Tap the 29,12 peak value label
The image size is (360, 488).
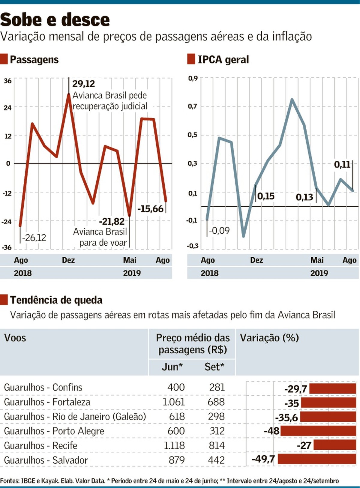(x=83, y=84)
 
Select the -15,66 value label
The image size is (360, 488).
(x=151, y=209)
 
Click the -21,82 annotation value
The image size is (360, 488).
(x=112, y=221)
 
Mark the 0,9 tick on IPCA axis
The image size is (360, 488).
(x=193, y=79)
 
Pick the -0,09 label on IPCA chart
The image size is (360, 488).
(x=219, y=231)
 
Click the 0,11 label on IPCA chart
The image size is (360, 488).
(x=342, y=164)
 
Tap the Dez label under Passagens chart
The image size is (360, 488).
(x=68, y=260)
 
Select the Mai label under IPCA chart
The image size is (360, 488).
(x=317, y=260)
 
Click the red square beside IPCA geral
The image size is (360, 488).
(x=191, y=59)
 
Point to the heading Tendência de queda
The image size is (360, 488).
(x=56, y=300)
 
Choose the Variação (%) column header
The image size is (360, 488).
(x=269, y=338)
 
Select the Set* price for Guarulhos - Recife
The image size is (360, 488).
(x=217, y=445)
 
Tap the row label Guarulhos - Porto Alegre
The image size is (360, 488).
(x=54, y=431)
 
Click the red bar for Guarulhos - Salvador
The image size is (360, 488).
(x=317, y=459)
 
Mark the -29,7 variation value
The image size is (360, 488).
(x=295, y=389)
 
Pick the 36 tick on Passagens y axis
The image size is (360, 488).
(x=7, y=81)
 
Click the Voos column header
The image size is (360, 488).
(x=15, y=338)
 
